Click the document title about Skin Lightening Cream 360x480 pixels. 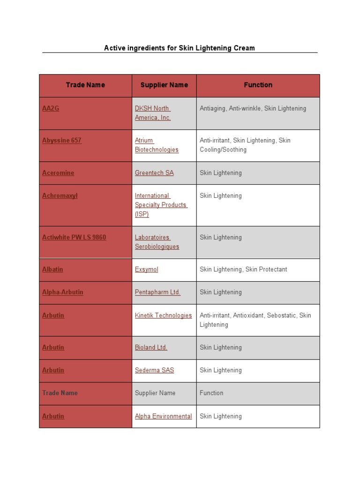tap(180, 48)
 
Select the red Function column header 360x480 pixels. tap(258, 85)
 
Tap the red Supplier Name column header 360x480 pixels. tap(164, 85)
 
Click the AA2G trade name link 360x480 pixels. tap(51, 108)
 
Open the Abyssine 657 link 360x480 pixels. tap(62, 140)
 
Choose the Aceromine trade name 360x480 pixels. tap(58, 172)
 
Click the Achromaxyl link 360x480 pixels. tap(60, 195)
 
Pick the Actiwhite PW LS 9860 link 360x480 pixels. tap(74, 237)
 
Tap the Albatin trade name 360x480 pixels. tap(52, 269)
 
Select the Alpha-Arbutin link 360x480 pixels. tap(63, 292)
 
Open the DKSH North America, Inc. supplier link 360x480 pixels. tap(153, 113)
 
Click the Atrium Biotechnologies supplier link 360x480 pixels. tap(157, 145)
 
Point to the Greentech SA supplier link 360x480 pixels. tap(154, 172)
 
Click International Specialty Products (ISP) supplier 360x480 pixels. tap(161, 205)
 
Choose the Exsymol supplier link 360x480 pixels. tap(147, 269)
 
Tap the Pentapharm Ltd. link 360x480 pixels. tap(157, 292)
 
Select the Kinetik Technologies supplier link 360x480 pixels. tap(163, 315)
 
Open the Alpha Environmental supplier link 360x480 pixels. tap(163, 416)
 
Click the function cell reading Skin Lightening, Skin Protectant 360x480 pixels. tap(243, 269)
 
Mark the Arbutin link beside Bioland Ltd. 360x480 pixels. tap(53, 347)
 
